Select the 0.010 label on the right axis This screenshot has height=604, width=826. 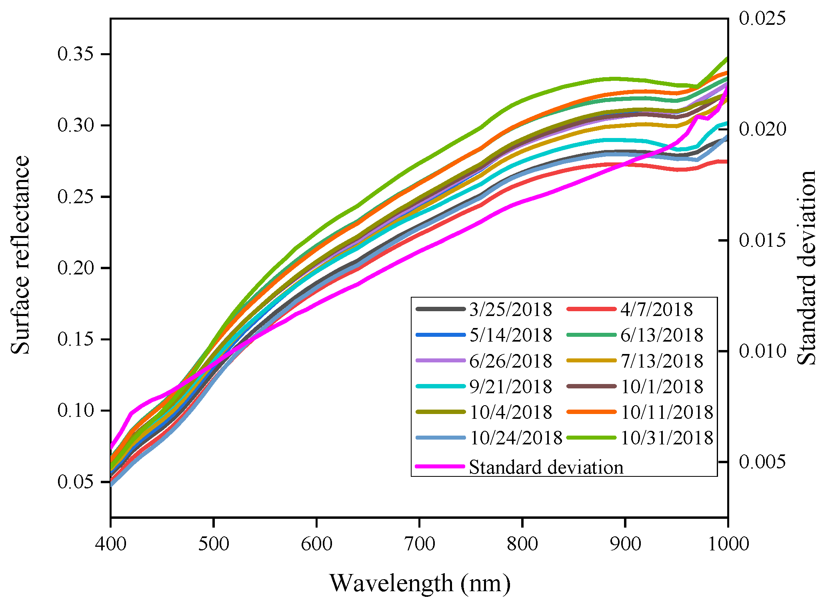pyautogui.click(x=762, y=351)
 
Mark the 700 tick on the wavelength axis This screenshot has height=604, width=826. pyautogui.click(x=419, y=544)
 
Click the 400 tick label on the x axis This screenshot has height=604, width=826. pyautogui.click(x=111, y=544)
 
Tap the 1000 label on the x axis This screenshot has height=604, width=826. pyautogui.click(x=728, y=544)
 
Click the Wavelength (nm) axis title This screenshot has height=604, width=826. pyautogui.click(x=420, y=583)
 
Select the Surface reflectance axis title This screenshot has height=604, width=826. pyautogui.click(x=20, y=255)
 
